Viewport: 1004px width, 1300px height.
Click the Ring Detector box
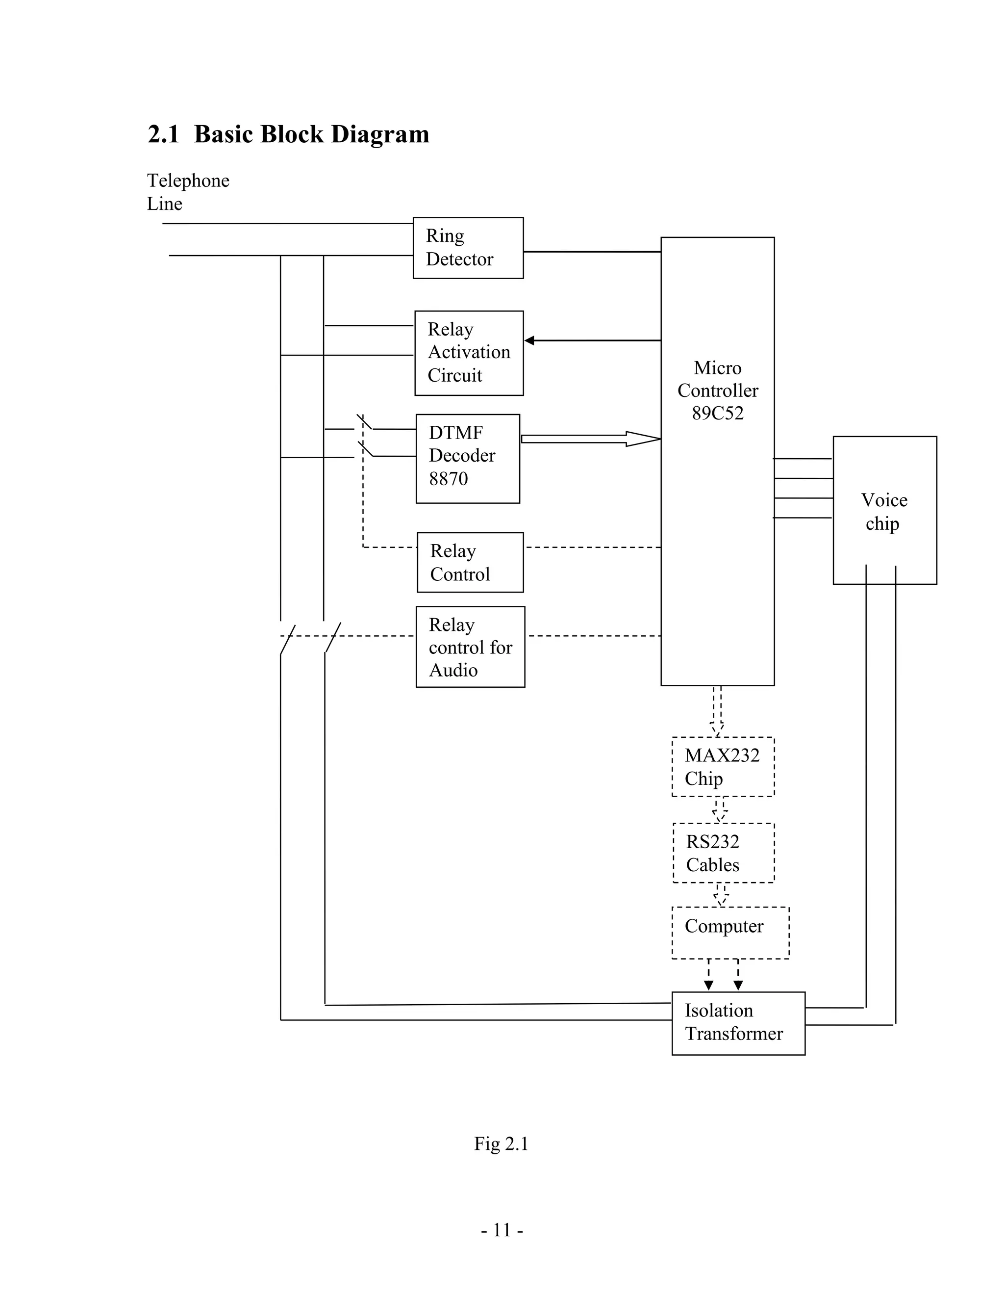click(x=468, y=248)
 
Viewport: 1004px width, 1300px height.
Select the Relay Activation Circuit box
click(x=469, y=353)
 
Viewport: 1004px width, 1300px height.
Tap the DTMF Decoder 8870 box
click(x=468, y=458)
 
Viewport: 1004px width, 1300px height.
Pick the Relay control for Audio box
click(x=470, y=647)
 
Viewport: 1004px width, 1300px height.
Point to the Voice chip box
click(x=884, y=511)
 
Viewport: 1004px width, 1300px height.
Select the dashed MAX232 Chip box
click(x=723, y=767)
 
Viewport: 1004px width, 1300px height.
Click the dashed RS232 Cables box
click(x=723, y=853)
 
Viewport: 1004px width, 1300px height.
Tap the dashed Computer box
click(x=730, y=932)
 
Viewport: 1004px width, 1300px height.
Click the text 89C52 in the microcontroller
click(x=717, y=413)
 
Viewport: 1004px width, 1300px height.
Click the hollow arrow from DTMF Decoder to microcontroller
click(x=591, y=439)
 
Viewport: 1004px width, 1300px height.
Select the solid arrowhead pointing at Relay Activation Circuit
click(x=529, y=340)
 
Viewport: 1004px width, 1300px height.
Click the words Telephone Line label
click(x=187, y=192)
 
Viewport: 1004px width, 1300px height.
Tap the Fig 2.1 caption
click(x=501, y=1144)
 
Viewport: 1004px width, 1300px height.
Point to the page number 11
click(x=502, y=1230)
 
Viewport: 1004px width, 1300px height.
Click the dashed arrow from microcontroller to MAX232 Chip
click(x=717, y=711)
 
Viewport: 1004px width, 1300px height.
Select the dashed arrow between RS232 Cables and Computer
click(x=721, y=895)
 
